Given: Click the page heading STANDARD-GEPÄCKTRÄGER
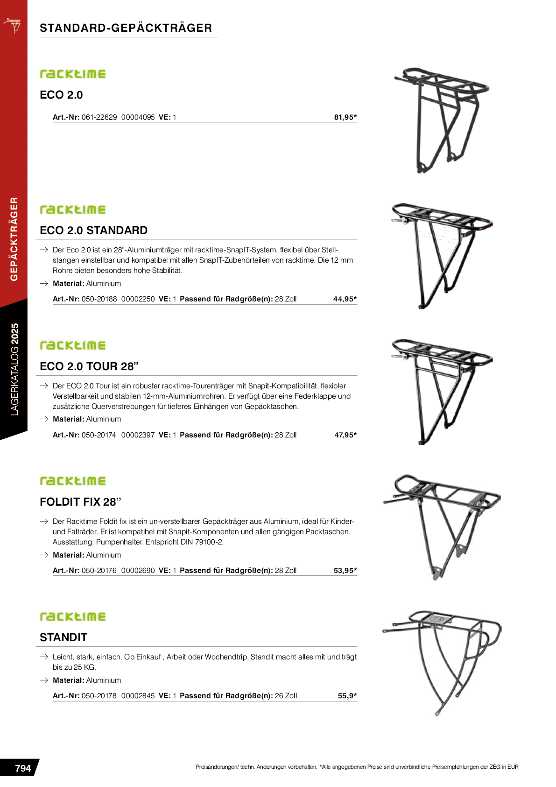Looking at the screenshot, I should point(126,28).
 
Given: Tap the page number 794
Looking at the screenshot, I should point(23,768).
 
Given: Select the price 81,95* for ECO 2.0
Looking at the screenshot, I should point(345,117).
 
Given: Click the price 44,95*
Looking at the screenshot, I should point(345,299).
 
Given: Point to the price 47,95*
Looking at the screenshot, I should point(345,435).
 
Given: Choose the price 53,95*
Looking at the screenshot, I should point(345,571).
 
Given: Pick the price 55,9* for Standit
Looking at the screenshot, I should point(347,696).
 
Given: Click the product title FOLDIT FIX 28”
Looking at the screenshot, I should point(80,502).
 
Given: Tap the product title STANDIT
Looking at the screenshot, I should point(63,637).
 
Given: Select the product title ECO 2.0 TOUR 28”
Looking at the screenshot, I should point(89,366).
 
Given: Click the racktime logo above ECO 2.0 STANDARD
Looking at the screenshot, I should point(73,210).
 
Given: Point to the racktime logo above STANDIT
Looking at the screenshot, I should point(73,617).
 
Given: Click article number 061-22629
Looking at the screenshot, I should point(99,117).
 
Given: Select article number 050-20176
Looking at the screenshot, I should point(99,571).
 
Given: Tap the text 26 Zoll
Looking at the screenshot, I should point(286,696).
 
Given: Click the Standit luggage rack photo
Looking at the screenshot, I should point(441,661).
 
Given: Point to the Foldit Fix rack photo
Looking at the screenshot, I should point(441,526).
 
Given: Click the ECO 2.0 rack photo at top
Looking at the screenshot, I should point(441,119).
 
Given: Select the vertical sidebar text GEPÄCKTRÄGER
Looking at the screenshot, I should point(14,239).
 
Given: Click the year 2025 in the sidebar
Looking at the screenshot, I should point(14,334).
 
